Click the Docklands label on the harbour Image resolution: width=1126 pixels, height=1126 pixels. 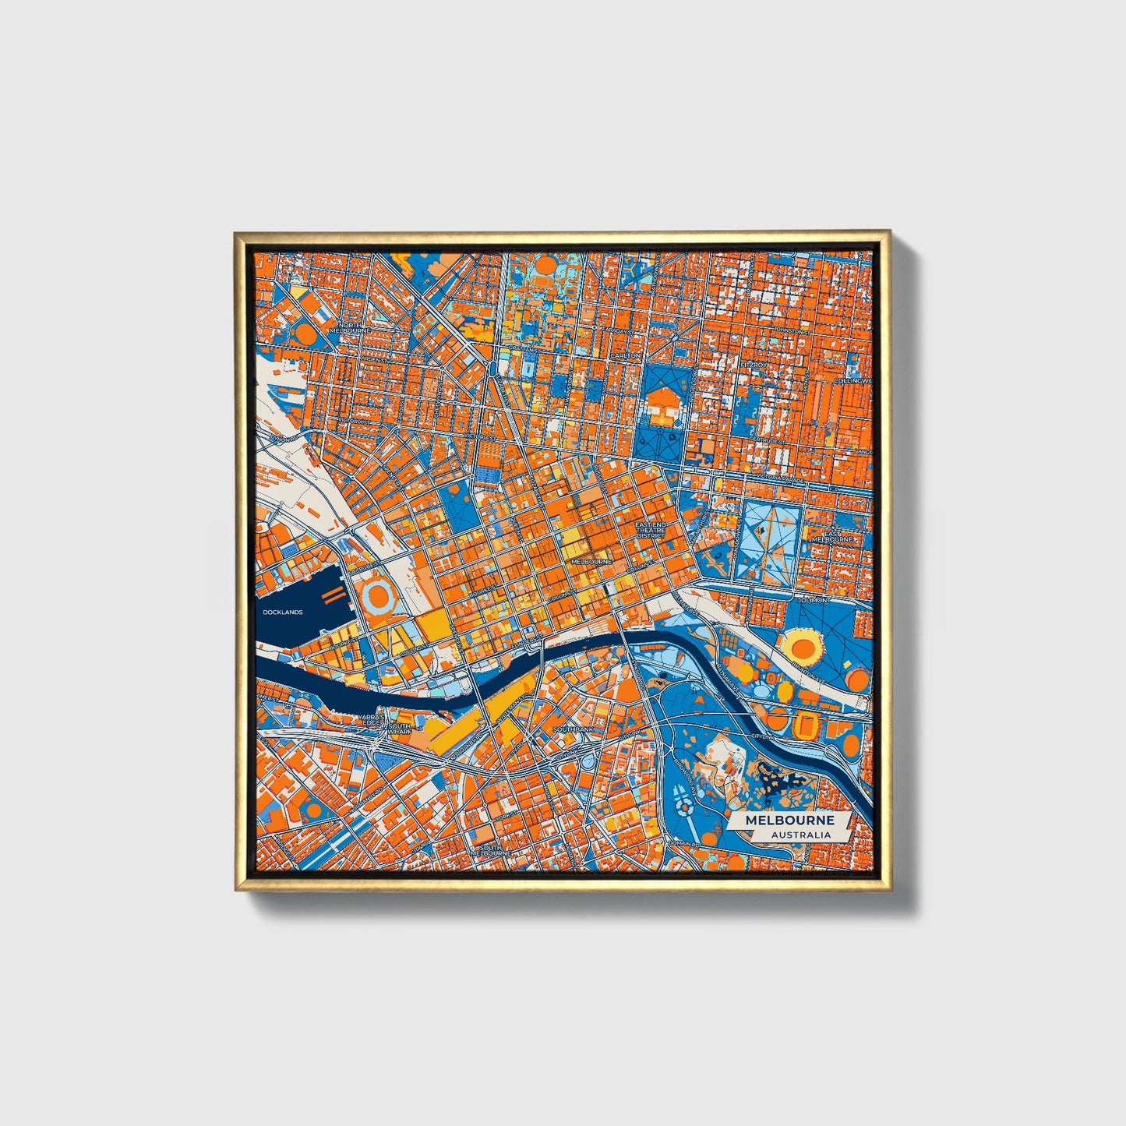pos(282,612)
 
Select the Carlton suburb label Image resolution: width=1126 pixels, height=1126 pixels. pos(626,355)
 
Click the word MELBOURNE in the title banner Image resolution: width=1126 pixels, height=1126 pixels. pos(789,821)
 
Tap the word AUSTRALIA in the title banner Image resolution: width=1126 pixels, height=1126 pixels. pos(800,835)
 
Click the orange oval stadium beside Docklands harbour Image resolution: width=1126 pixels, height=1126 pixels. pos(379,598)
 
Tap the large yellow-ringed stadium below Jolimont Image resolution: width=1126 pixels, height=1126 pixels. pos(803,647)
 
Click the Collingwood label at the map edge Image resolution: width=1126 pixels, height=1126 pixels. pos(854,381)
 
